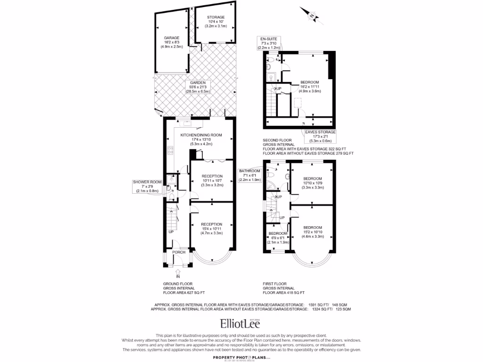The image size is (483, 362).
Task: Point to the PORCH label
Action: (x=178, y=252)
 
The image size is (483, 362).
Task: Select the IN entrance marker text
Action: (x=178, y=277)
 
